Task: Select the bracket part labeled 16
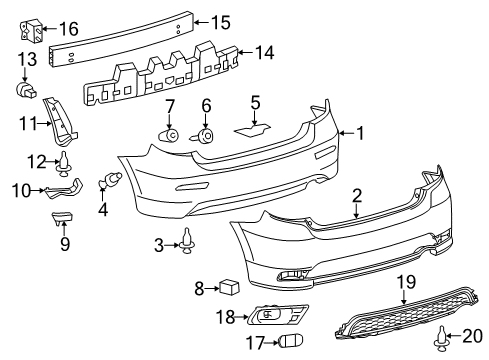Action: point(31,30)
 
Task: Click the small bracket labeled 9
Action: point(62,218)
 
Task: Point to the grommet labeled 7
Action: point(169,135)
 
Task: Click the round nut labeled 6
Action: point(207,135)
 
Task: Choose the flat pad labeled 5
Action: point(253,129)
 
